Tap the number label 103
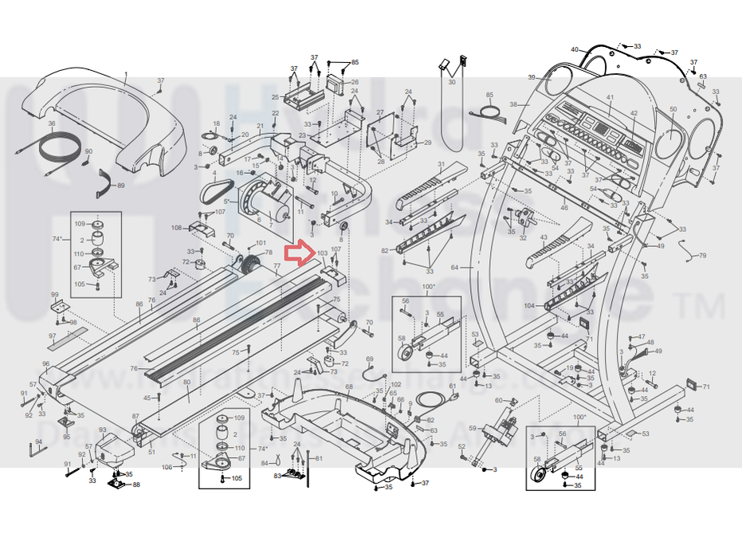[322, 253]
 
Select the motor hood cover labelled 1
[96, 120]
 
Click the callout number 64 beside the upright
[455, 267]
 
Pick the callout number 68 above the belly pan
[348, 387]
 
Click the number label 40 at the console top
[574, 50]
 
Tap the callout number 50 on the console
[673, 109]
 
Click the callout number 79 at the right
[702, 256]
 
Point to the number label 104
[530, 305]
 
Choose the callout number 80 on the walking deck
[186, 382]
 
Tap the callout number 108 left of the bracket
[177, 229]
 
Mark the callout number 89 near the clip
[121, 186]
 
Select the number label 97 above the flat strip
[53, 336]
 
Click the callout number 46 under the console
[564, 208]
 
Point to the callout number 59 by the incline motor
[472, 429]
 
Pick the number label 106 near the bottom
[167, 468]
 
